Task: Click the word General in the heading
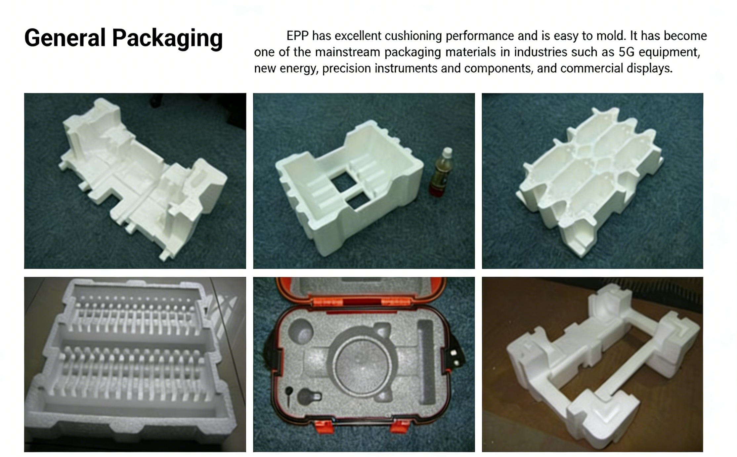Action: (65, 38)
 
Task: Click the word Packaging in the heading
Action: (167, 39)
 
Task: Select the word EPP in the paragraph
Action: (298, 36)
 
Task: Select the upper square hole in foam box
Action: (344, 182)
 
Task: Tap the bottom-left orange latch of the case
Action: (324, 427)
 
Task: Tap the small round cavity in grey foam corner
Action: (301, 331)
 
